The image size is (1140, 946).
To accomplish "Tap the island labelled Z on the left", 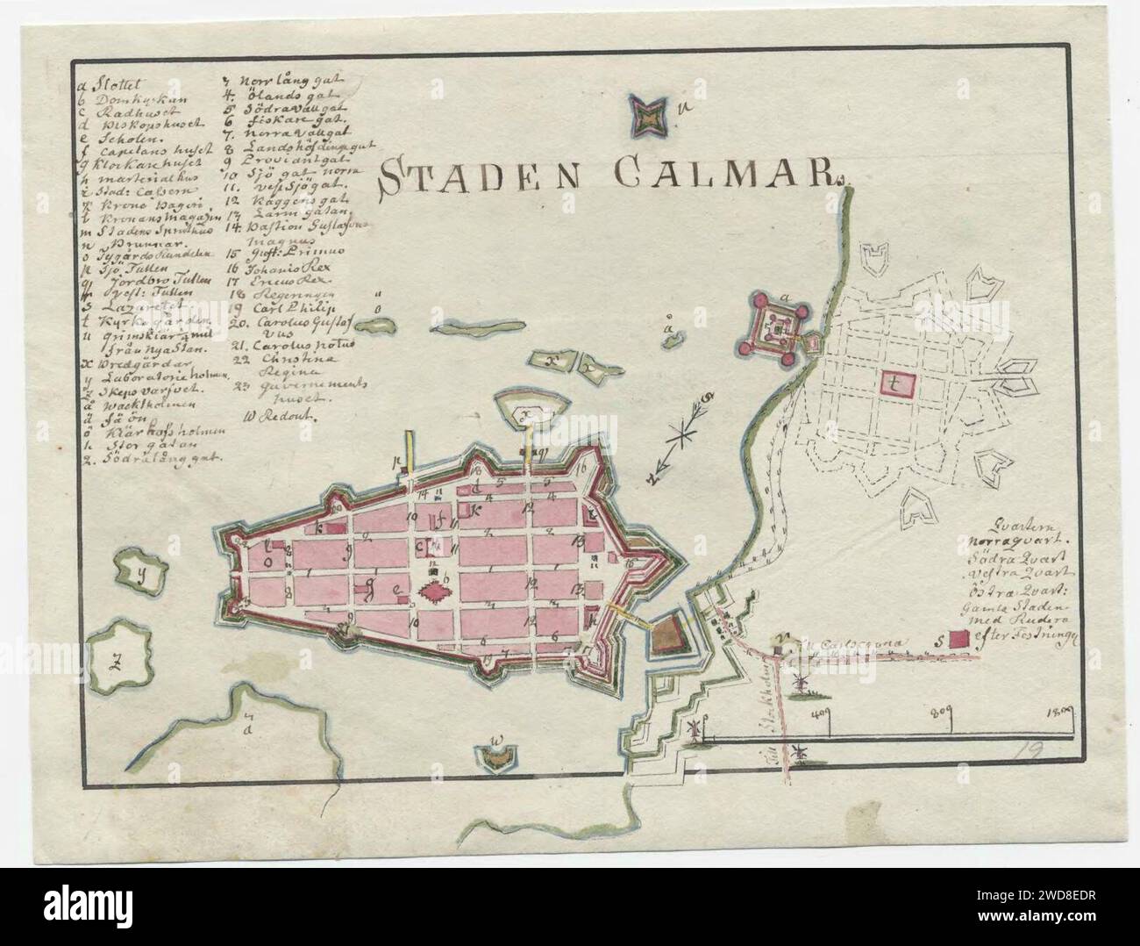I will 114,663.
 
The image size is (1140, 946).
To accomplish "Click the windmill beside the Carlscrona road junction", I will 800,683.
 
